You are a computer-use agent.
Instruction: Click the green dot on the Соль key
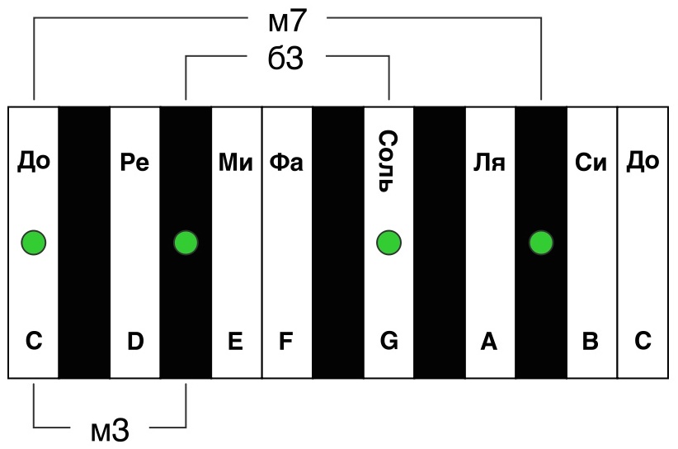tap(388, 243)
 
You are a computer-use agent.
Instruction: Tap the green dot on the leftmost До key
tap(34, 243)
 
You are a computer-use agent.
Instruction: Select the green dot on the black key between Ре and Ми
tap(186, 243)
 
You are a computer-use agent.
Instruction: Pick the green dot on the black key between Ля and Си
tap(541, 243)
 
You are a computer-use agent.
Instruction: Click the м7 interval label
tap(287, 21)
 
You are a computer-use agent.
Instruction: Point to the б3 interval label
tap(285, 58)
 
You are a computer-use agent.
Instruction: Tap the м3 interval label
tap(110, 430)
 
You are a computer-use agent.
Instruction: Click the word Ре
tap(134, 163)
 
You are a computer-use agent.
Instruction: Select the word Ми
tap(236, 163)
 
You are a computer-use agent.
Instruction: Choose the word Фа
tap(286, 163)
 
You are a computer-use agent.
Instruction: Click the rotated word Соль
tap(388, 161)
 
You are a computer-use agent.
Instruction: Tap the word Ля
tap(489, 163)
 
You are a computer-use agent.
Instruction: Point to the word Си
tap(591, 163)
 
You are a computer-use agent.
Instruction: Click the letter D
tap(135, 342)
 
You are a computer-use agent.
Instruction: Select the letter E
tap(235, 342)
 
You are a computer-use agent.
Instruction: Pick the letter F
tap(286, 342)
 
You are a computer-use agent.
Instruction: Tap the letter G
tap(388, 342)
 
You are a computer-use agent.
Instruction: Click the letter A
tap(489, 342)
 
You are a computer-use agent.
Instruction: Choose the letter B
tap(591, 342)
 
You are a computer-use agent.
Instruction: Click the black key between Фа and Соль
tap(337, 242)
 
